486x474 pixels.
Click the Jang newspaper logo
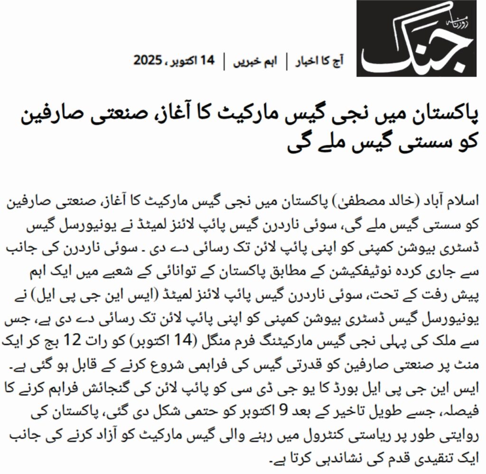(x=417, y=38)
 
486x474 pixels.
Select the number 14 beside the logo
(x=207, y=61)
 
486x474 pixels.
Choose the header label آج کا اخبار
(x=317, y=61)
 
